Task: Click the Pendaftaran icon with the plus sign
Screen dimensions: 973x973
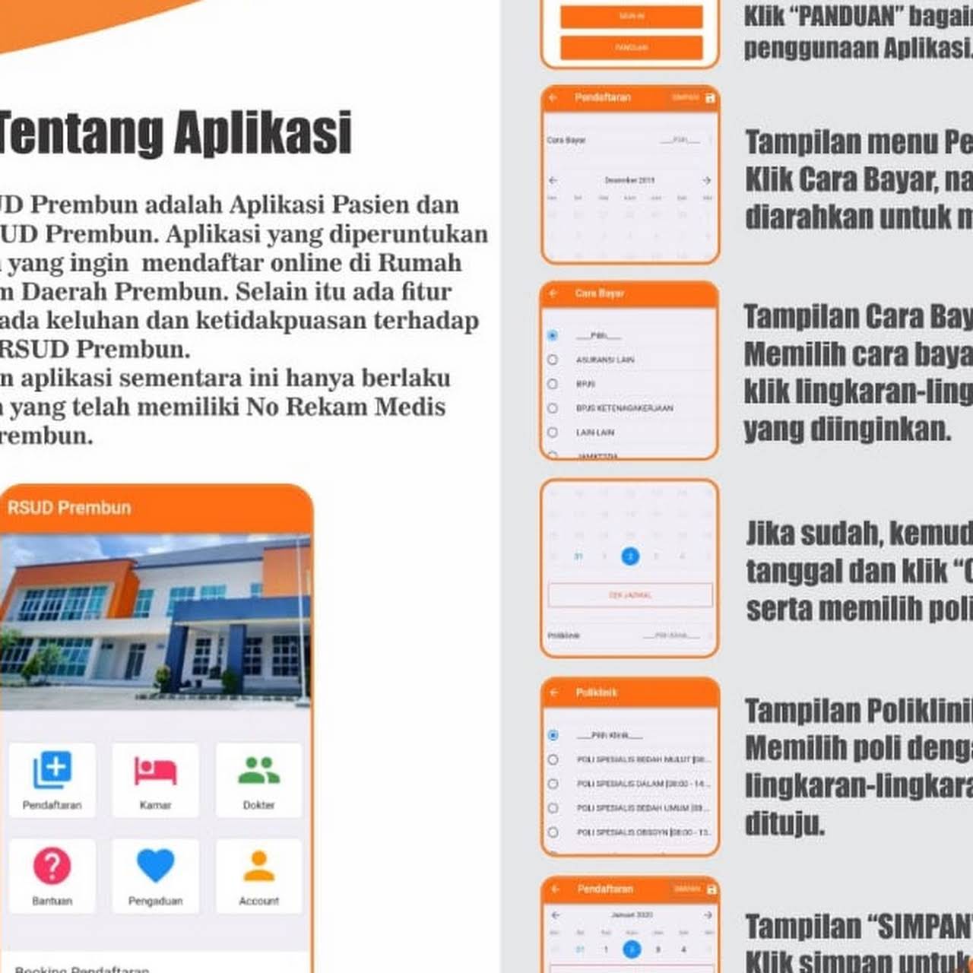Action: (x=52, y=770)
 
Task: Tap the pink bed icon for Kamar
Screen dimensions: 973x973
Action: (x=155, y=770)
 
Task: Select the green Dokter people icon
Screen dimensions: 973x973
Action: (x=258, y=770)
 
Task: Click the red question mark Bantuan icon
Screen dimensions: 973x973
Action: (x=52, y=865)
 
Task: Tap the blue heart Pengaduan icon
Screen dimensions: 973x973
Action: (x=155, y=865)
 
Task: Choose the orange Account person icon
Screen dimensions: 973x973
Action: (x=258, y=865)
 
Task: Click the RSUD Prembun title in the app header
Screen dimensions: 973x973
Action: (x=69, y=508)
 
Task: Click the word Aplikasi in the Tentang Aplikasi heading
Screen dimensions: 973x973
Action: (x=263, y=133)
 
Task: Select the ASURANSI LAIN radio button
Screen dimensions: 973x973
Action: (x=553, y=360)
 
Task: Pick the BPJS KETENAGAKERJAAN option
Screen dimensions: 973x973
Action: (x=553, y=408)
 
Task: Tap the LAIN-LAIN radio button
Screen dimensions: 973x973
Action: (x=553, y=433)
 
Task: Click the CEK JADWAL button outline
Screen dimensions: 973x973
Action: (x=630, y=594)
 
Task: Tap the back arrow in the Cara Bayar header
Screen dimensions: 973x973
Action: (x=553, y=293)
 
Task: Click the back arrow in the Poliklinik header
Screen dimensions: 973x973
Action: (x=554, y=693)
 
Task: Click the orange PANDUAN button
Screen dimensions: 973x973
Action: (x=631, y=47)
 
